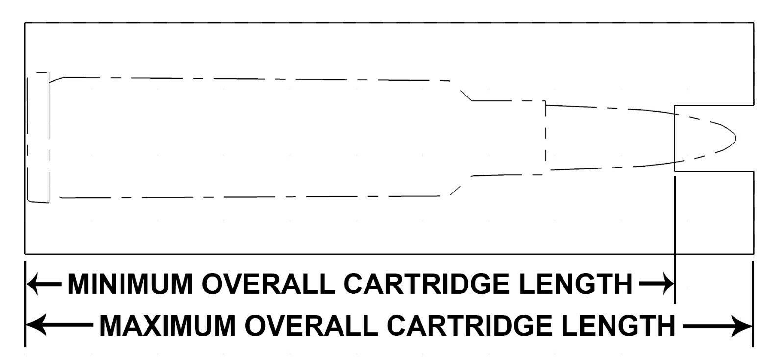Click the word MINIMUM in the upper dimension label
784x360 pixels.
130,284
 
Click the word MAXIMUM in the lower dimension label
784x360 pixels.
168,326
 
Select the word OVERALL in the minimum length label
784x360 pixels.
269,284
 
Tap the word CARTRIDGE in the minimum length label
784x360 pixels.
427,284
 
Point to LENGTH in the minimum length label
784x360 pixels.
576,284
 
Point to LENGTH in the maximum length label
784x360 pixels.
618,326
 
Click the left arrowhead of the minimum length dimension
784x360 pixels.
32,284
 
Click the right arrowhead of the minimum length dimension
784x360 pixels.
667,284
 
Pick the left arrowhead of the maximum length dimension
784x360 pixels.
36,325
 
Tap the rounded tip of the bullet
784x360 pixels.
735,139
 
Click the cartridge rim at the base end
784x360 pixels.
38,137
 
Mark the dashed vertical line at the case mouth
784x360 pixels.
545,137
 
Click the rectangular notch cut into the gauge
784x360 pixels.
714,139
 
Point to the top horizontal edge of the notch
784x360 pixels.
714,105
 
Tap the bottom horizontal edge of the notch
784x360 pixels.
714,172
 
